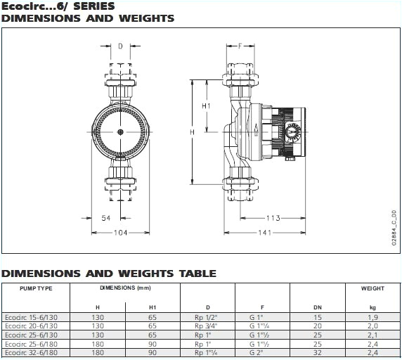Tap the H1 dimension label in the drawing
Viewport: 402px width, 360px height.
[206, 105]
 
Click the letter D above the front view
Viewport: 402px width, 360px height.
[120, 47]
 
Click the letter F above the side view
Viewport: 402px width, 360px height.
[240, 47]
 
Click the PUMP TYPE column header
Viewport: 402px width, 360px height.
[36, 288]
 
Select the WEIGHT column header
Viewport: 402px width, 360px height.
[372, 288]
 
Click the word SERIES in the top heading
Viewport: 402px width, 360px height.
[91, 6]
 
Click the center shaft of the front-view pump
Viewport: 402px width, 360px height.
[120, 132]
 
